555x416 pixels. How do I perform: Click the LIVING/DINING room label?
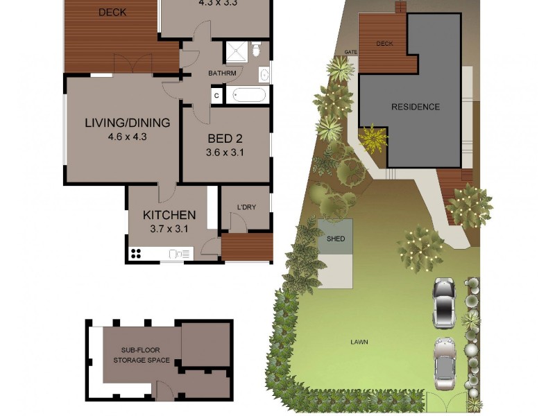(x=127, y=123)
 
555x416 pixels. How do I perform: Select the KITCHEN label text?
(x=169, y=215)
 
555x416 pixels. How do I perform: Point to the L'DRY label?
(x=246, y=207)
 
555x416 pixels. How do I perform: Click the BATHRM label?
(x=222, y=73)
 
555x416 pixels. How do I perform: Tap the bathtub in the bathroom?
(x=249, y=94)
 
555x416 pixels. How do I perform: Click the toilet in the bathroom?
(x=256, y=49)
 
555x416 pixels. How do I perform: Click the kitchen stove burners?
(x=136, y=254)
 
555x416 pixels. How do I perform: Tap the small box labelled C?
(x=216, y=96)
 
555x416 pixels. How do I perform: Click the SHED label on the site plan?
(x=335, y=239)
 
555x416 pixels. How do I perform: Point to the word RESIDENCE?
(x=416, y=107)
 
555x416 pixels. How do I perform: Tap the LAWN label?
(x=359, y=342)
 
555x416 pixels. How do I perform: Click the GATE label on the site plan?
(x=351, y=53)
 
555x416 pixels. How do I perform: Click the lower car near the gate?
(x=443, y=363)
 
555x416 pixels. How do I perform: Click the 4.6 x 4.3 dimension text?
(x=127, y=137)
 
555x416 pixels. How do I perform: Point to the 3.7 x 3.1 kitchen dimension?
(x=169, y=228)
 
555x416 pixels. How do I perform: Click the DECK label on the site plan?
(x=384, y=44)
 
